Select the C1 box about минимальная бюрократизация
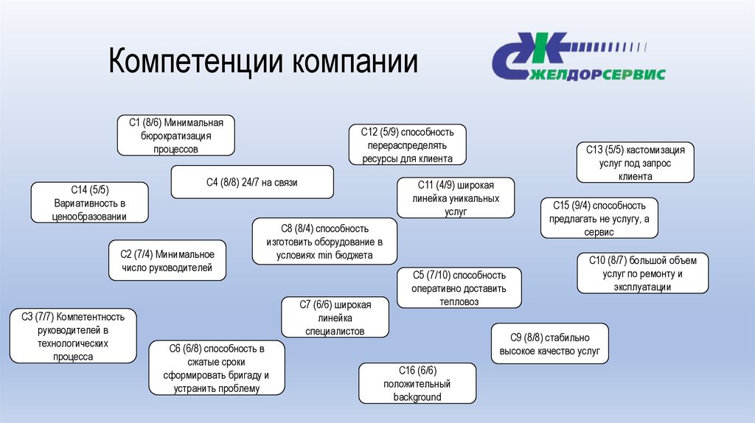click(x=176, y=135)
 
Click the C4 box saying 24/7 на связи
click(x=252, y=182)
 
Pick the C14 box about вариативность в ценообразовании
click(x=90, y=203)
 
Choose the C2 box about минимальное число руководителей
click(x=167, y=261)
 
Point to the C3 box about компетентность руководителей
click(x=73, y=335)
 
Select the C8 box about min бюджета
click(x=324, y=242)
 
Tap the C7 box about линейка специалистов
click(x=335, y=318)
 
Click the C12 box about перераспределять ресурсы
click(x=407, y=145)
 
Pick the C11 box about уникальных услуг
click(x=456, y=198)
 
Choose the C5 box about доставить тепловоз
click(x=459, y=288)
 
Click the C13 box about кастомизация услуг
click(x=636, y=163)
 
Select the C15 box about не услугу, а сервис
click(x=598, y=218)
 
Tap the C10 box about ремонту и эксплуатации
click(x=642, y=273)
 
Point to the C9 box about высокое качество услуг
click(x=550, y=343)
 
